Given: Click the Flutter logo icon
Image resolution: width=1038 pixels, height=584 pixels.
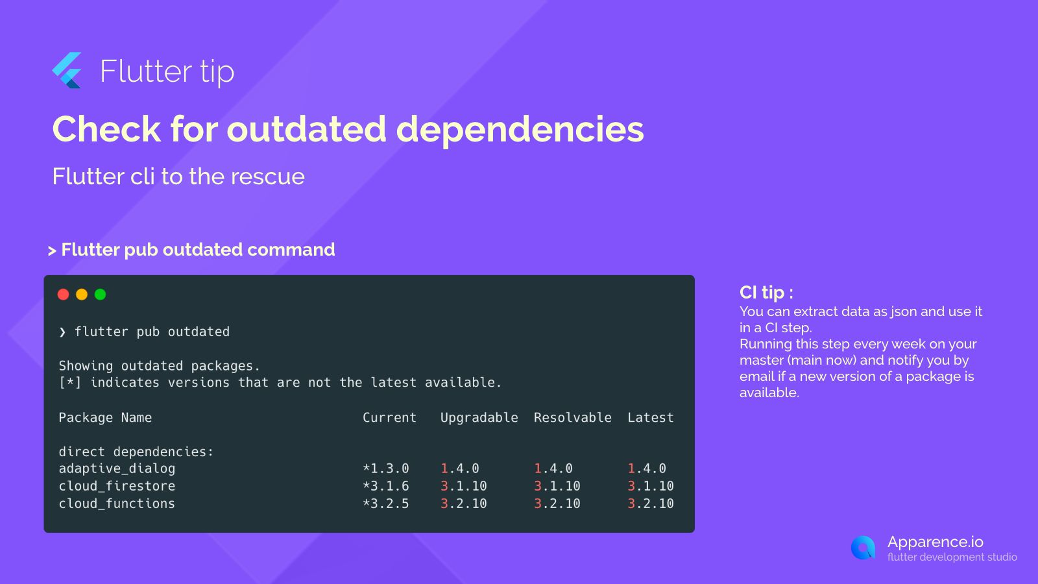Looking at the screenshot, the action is tap(67, 71).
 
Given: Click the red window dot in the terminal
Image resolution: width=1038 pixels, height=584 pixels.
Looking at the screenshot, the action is tap(63, 295).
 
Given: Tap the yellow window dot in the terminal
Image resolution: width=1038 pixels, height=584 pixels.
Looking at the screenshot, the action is tap(82, 295).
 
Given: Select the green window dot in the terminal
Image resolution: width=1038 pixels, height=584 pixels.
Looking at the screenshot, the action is tap(100, 295).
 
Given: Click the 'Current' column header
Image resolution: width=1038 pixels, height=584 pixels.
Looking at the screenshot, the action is tap(389, 418).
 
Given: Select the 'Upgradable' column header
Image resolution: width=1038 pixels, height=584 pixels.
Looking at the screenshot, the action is tap(479, 418).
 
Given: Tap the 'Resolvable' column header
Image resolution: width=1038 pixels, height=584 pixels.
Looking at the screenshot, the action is tap(573, 418).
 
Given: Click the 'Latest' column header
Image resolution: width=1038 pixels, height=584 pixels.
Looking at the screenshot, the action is tap(651, 418).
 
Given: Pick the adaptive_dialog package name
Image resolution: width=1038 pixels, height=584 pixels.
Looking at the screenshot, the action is tap(117, 469).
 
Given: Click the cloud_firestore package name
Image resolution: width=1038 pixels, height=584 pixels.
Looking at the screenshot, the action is tap(117, 486).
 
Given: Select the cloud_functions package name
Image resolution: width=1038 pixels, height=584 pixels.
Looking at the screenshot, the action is tap(117, 504).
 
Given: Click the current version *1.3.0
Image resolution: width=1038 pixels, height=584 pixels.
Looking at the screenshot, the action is tap(386, 468).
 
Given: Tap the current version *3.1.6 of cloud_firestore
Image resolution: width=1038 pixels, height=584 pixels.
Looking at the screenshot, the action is tap(386, 486).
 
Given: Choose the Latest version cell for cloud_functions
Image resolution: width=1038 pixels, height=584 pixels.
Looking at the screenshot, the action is tap(651, 504).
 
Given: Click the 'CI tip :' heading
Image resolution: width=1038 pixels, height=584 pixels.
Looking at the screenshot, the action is tap(766, 293).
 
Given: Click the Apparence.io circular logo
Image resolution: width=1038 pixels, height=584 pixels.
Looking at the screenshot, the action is tap(863, 548).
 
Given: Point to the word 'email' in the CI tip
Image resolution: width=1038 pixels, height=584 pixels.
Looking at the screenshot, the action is tap(756, 376).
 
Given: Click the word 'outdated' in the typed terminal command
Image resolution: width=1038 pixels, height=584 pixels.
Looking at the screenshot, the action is tap(199, 332).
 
